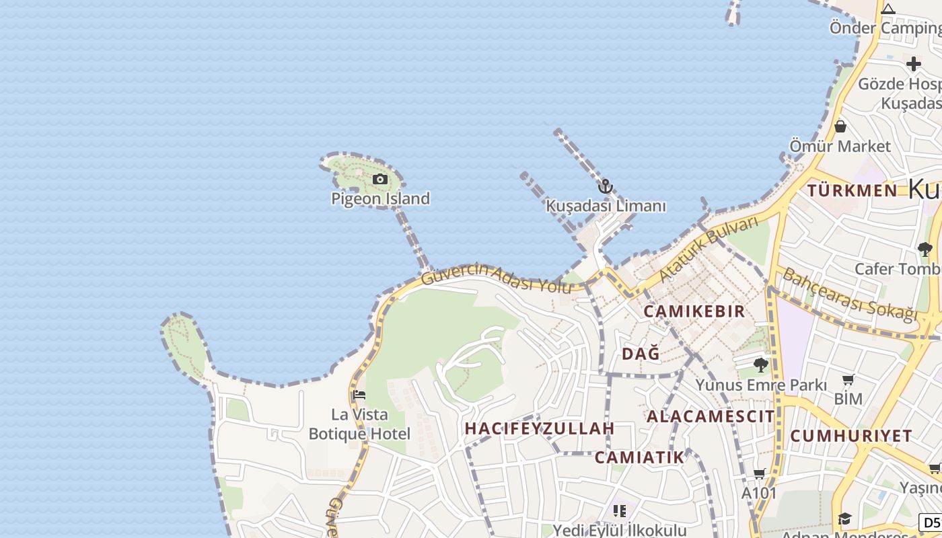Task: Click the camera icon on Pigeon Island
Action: click(380, 179)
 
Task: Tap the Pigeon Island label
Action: click(380, 198)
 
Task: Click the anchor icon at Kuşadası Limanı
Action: click(606, 186)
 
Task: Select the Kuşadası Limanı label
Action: click(606, 206)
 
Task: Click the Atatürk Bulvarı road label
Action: click(708, 248)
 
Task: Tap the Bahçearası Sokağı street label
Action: click(850, 295)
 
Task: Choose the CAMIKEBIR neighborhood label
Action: click(694, 311)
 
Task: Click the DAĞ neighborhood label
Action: click(641, 354)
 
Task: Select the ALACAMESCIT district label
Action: click(711, 416)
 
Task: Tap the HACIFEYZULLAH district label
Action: click(540, 428)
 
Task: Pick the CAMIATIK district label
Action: click(639, 458)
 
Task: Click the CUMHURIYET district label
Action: click(851, 436)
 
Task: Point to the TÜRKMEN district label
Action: click(853, 190)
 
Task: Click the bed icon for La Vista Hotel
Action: click(359, 395)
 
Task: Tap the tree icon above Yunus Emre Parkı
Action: click(761, 365)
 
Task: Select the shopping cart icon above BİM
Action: click(848, 380)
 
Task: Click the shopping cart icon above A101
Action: click(760, 474)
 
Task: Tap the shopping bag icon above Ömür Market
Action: click(840, 126)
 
